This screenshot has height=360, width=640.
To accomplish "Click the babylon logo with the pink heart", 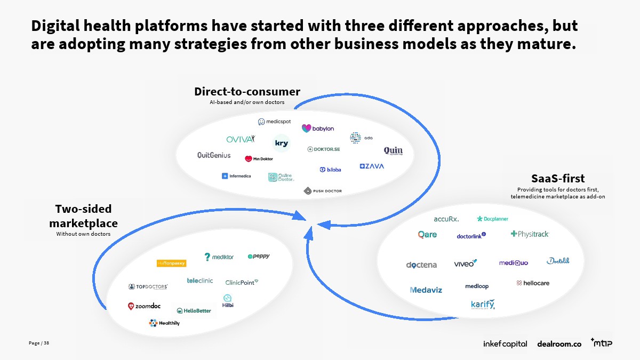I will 318,129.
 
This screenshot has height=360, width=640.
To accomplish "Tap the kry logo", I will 281,143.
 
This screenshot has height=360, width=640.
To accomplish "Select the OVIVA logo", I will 241,139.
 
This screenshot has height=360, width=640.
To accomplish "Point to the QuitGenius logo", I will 214,155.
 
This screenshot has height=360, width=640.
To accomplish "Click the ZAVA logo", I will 372,166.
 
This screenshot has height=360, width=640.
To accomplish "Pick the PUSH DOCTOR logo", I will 323,190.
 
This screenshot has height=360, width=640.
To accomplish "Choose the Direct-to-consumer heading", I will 247,92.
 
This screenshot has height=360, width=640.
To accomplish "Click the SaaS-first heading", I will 558,178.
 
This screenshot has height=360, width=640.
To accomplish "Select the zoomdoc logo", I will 144,306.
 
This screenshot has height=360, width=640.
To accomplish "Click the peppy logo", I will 259,257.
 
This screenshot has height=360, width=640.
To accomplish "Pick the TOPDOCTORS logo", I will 148,286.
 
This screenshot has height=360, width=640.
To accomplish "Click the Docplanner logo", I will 493,219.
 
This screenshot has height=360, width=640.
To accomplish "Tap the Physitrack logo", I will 530,234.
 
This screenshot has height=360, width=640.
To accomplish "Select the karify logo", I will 483,305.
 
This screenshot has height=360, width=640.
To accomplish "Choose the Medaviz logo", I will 426,290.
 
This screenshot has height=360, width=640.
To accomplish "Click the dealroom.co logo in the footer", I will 559,344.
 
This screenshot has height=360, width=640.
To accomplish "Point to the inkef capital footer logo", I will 505,344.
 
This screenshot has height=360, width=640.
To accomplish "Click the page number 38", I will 46,342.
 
